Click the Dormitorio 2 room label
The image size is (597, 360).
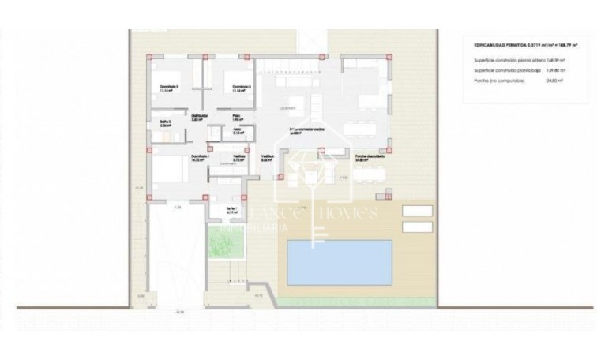(167, 86)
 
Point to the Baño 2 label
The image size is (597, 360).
(165, 122)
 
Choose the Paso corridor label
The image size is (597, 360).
(235, 117)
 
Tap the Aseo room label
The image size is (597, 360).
(235, 132)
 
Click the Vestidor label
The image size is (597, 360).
(238, 157)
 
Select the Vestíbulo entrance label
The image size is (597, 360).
(268, 157)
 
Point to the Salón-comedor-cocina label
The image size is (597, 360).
(305, 130)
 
